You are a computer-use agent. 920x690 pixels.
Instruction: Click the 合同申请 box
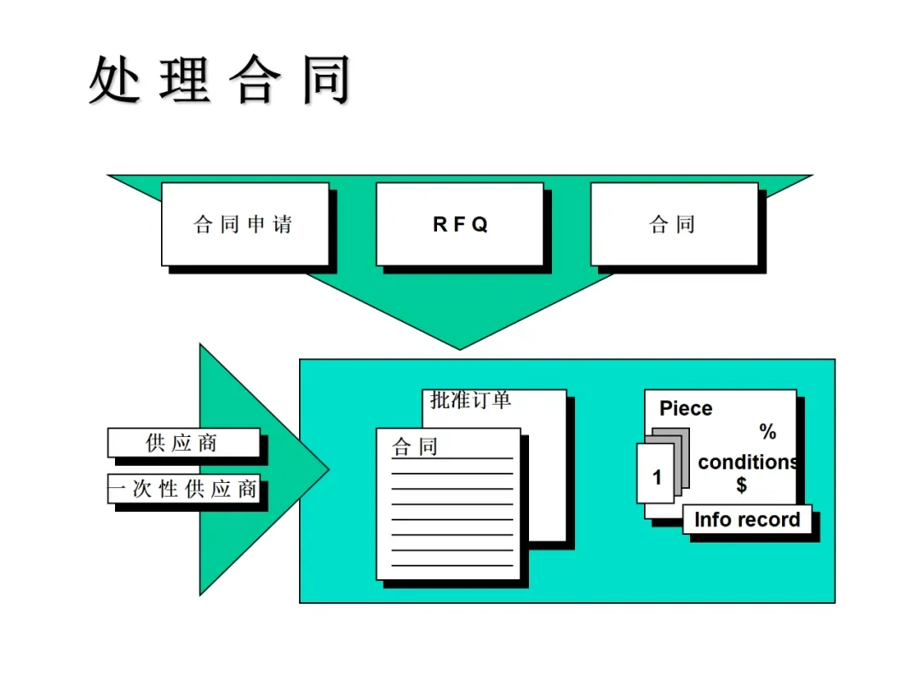pyautogui.click(x=244, y=224)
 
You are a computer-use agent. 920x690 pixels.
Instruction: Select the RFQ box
pyautogui.click(x=459, y=224)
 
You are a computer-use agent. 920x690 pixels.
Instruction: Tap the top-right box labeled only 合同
pyautogui.click(x=673, y=224)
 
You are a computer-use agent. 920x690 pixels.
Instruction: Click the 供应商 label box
pyautogui.click(x=182, y=443)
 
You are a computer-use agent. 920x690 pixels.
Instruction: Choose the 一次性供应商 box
pyautogui.click(x=182, y=489)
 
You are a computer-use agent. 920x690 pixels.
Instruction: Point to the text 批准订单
pyautogui.click(x=470, y=400)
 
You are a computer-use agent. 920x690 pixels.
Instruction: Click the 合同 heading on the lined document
pyautogui.click(x=415, y=446)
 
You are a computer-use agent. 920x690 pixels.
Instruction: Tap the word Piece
pyautogui.click(x=685, y=409)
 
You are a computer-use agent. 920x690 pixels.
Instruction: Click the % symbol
pyautogui.click(x=768, y=432)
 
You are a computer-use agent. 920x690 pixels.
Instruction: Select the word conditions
pyautogui.click(x=747, y=463)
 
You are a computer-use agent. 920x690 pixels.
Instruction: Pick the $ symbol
pyautogui.click(x=741, y=486)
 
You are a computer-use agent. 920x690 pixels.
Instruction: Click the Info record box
pyautogui.click(x=747, y=520)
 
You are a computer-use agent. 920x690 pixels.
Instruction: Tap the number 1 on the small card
pyautogui.click(x=657, y=478)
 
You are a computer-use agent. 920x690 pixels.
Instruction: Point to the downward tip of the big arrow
pyautogui.click(x=460, y=347)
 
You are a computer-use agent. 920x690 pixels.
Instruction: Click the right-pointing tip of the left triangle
pyautogui.click(x=327, y=468)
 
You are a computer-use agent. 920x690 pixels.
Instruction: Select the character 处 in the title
pyautogui.click(x=114, y=81)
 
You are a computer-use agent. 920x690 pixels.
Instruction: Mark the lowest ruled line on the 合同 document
pyautogui.click(x=451, y=566)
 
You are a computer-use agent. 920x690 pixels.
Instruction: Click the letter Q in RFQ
pyautogui.click(x=480, y=225)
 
